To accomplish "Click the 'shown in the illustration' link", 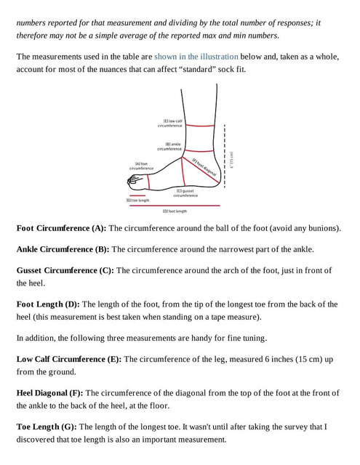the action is click(196, 57).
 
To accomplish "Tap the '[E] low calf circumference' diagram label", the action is click(169, 124).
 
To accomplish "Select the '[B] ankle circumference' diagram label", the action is click(169, 147).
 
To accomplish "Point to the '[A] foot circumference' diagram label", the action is click(142, 166).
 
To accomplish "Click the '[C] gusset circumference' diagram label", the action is click(185, 193).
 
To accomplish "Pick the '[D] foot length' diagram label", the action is click(175, 211).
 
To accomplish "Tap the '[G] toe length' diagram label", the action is click(137, 201).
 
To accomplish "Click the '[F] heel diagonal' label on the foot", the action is click(204, 167).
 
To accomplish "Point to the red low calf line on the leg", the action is click(200, 126).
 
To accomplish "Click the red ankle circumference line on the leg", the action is click(199, 150).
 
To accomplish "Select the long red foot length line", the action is click(175, 205).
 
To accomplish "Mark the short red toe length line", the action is click(136, 195).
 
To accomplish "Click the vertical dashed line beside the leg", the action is click(225, 156).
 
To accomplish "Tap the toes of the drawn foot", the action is click(134, 181).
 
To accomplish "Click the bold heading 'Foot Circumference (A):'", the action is click(61, 228).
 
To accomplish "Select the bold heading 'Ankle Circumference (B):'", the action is click(63, 249).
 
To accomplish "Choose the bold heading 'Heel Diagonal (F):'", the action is click(50, 393).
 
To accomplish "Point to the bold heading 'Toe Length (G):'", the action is click(47, 426).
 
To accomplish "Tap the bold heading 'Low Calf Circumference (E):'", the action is click(69, 359).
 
